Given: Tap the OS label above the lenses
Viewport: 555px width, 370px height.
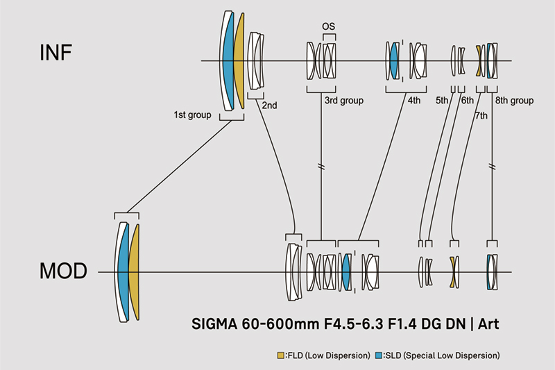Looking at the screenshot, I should pyautogui.click(x=329, y=26).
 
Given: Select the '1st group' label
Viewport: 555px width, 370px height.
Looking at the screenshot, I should pyautogui.click(x=192, y=115).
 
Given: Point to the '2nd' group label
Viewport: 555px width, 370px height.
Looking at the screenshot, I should pyautogui.click(x=269, y=106).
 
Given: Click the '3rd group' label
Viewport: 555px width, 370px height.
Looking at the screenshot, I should pyautogui.click(x=344, y=101).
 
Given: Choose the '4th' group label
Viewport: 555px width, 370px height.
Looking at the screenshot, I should pyautogui.click(x=414, y=101).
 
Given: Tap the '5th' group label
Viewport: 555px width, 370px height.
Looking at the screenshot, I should pyautogui.click(x=443, y=101).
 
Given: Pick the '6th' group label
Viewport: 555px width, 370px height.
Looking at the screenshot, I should pyautogui.click(x=467, y=101).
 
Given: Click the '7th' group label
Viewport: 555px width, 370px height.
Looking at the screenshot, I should pyautogui.click(x=481, y=115).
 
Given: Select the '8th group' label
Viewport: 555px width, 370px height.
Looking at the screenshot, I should pyautogui.click(x=514, y=101).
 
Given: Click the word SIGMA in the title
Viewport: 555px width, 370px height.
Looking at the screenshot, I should pyautogui.click(x=214, y=323).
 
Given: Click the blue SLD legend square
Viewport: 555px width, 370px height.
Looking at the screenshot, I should pyautogui.click(x=377, y=355).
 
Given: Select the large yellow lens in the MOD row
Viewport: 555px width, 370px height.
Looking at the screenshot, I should pyautogui.click(x=134, y=271).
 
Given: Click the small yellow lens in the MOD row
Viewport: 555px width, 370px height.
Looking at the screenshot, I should pyautogui.click(x=452, y=271).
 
